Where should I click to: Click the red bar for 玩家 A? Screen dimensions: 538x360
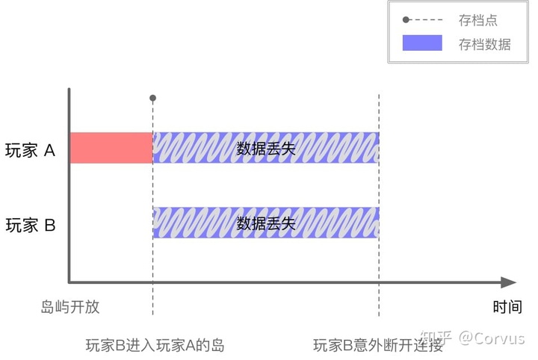(111, 148)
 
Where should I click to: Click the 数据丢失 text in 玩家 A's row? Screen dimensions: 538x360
(266, 148)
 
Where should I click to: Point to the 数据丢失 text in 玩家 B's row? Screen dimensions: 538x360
(266, 223)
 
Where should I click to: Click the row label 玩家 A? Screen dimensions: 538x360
(31, 150)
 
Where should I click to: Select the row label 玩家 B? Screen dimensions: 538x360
(31, 225)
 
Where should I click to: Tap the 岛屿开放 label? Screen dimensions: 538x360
(69, 307)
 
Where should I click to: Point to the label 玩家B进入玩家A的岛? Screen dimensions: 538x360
(155, 345)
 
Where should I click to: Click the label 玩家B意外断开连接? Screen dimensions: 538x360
(378, 345)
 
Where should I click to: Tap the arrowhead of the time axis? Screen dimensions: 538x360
(509, 282)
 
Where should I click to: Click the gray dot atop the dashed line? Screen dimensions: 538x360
(152, 98)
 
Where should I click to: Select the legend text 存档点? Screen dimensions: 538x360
(477, 21)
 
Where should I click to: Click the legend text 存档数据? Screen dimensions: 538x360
(485, 44)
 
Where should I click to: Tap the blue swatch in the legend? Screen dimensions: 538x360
(422, 43)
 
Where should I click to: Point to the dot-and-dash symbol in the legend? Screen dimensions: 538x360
(422, 21)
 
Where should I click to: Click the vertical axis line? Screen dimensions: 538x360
(69, 187)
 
